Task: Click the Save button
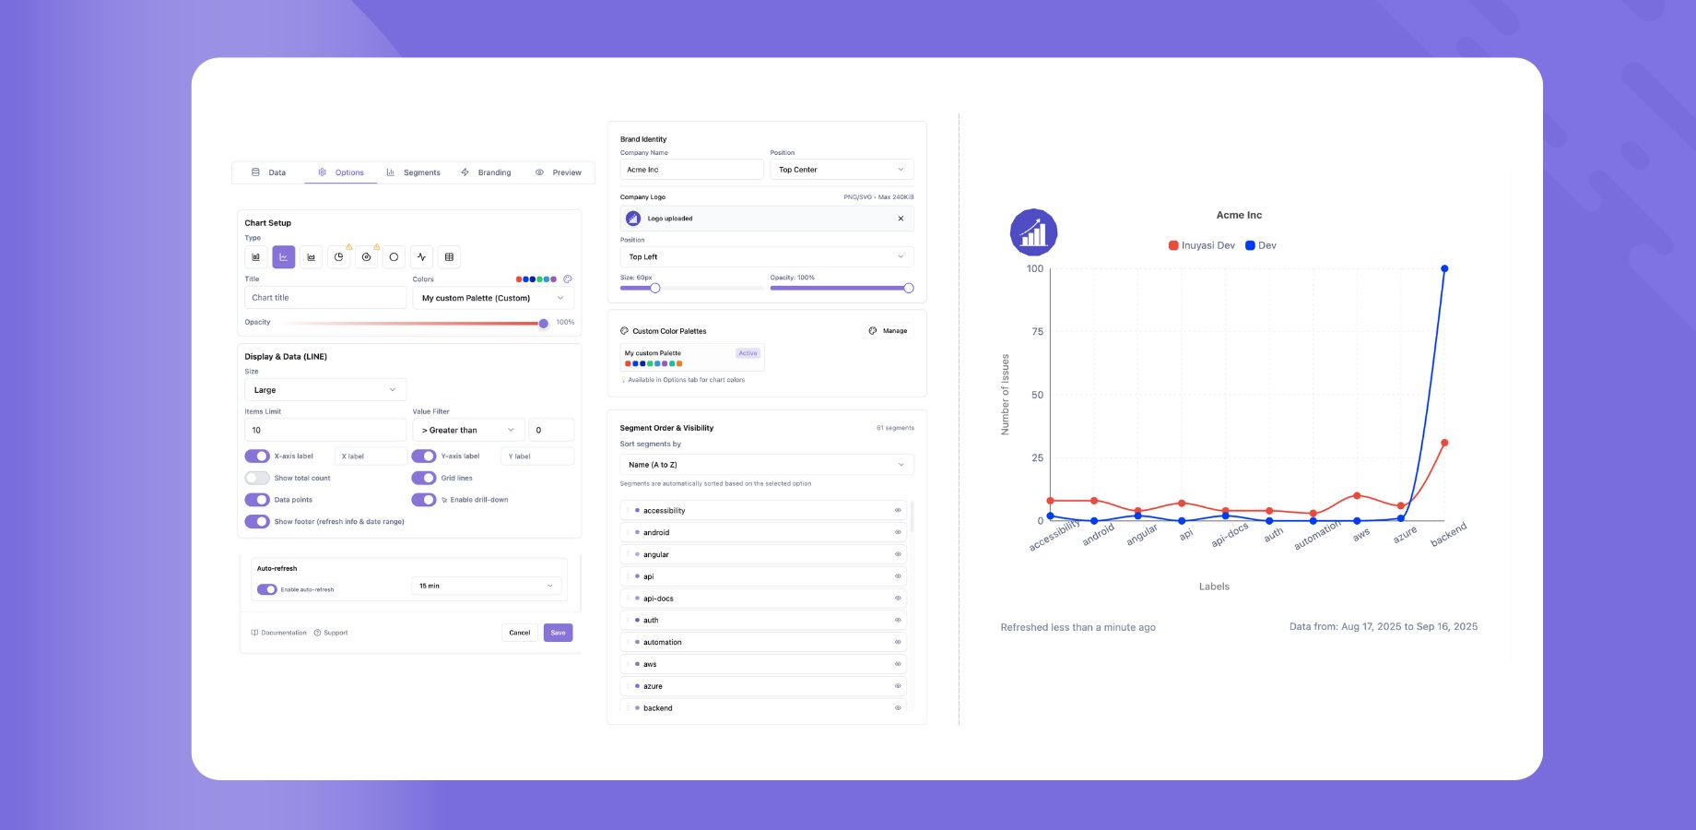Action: pos(558,633)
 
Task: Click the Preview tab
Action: pos(559,172)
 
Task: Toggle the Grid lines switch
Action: pos(424,478)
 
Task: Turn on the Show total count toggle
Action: pos(257,478)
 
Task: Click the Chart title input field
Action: pos(324,298)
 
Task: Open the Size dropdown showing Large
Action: pos(324,390)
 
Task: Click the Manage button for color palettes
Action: pos(888,331)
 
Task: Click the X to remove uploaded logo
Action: pos(901,219)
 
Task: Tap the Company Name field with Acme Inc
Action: pos(691,170)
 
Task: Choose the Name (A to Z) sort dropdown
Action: pos(766,465)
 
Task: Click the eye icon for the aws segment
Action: pos(898,664)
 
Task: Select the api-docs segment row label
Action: pos(658,599)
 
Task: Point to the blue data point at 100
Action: pos(1444,269)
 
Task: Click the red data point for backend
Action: pos(1444,443)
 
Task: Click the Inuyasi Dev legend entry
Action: pos(1202,245)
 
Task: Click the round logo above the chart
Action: pos(1033,232)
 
